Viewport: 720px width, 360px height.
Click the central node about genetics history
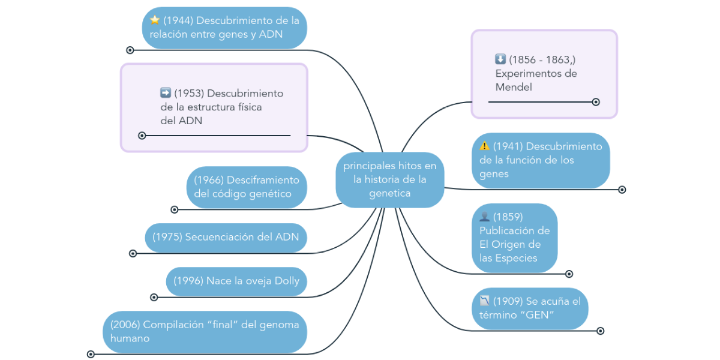(389, 179)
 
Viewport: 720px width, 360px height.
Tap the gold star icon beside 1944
(155, 20)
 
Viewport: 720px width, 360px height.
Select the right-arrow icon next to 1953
(166, 93)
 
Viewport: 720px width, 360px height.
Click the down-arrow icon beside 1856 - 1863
(500, 59)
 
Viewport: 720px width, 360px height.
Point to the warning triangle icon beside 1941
(485, 146)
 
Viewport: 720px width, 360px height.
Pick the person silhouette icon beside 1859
(485, 216)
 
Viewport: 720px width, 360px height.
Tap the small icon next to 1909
(485, 301)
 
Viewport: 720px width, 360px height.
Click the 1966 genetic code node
(247, 187)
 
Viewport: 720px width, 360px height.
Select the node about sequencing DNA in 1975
(226, 236)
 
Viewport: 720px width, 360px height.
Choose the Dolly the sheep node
(236, 281)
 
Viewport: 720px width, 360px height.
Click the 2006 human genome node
(205, 331)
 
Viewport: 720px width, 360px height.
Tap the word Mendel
(514, 87)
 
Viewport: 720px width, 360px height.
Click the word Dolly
(287, 281)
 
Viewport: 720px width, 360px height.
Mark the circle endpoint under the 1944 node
(130, 50)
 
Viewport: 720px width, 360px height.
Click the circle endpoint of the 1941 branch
(622, 190)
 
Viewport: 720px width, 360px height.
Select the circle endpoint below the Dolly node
(154, 297)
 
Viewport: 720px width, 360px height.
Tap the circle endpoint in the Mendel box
(596, 102)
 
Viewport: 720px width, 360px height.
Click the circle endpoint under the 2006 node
(91, 354)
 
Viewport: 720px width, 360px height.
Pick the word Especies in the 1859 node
(516, 258)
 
